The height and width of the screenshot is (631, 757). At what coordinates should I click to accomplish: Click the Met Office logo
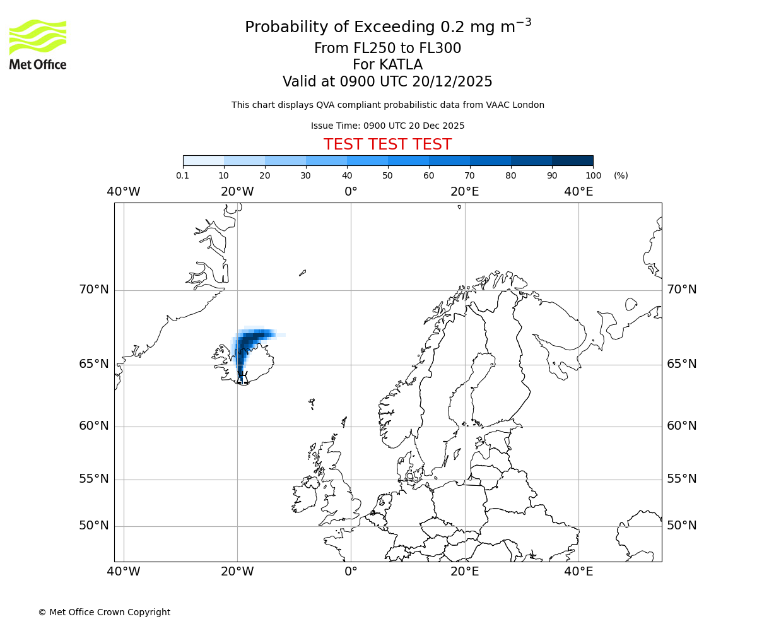[38, 44]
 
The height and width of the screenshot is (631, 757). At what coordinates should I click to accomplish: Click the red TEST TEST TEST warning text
[387, 144]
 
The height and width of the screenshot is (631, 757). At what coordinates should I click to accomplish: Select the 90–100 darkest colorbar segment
[572, 160]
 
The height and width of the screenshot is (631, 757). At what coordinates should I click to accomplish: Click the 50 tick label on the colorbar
[387, 175]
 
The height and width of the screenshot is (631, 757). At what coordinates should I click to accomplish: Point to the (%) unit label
[621, 175]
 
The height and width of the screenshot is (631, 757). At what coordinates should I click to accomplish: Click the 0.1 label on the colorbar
[183, 175]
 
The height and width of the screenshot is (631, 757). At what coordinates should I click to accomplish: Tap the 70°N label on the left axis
[93, 290]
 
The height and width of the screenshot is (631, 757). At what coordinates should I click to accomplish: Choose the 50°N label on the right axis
[681, 526]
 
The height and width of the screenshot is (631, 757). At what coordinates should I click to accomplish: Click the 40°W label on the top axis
[123, 191]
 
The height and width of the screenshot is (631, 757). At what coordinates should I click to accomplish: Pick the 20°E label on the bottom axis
[465, 572]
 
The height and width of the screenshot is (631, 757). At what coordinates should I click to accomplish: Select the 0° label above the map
[351, 191]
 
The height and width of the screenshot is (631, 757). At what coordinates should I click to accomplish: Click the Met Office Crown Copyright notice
[104, 612]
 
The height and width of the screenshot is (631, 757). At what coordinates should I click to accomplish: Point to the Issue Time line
[387, 126]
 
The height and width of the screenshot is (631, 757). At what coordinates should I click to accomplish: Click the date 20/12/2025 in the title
[452, 82]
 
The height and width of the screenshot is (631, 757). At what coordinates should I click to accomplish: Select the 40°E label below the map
[578, 572]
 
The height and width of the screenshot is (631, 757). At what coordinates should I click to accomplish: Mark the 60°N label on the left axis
[93, 426]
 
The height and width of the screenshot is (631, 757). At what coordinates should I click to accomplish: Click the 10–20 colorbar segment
[244, 160]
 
